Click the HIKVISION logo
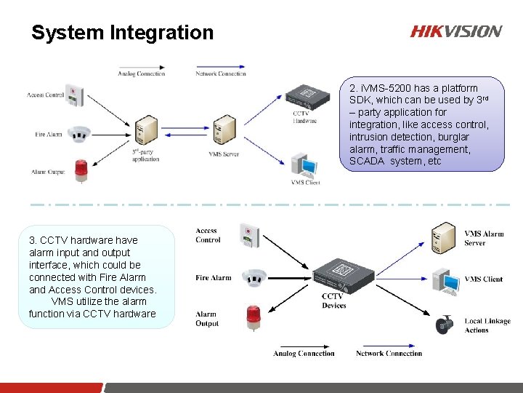[x=455, y=31]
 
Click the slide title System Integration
[x=122, y=33]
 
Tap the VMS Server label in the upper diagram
[x=224, y=154]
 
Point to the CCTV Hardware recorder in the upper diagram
[x=307, y=95]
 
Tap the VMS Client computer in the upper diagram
[x=304, y=164]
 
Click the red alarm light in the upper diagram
[x=81, y=170]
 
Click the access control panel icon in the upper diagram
[x=74, y=95]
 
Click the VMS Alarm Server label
[x=484, y=238]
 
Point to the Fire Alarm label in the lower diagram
[x=213, y=278]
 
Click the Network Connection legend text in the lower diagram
[x=389, y=354]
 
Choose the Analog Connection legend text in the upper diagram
[x=142, y=74]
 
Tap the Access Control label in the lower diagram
[x=208, y=235]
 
